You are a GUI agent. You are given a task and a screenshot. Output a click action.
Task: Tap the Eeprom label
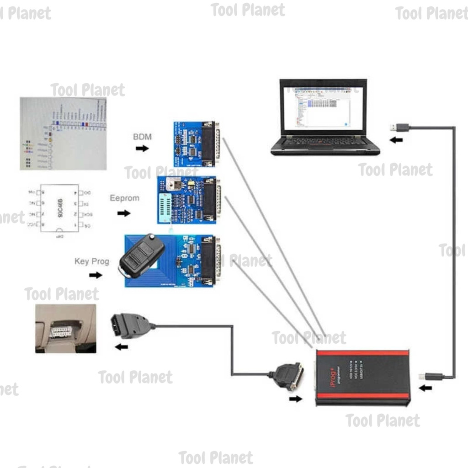124,198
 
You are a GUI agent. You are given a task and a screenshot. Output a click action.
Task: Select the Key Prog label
92,261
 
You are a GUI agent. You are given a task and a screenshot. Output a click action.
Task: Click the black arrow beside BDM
142,148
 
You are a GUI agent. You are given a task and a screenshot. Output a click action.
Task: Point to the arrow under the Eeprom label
123,213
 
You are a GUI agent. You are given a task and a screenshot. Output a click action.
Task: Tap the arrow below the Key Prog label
96,275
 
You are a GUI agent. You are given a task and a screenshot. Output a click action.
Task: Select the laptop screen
323,107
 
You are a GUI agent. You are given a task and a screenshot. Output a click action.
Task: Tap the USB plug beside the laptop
399,128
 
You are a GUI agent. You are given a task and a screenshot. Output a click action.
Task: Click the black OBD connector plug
130,326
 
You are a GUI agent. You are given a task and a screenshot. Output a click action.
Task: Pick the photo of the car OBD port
66,328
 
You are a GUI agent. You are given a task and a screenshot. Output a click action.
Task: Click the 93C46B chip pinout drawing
59,208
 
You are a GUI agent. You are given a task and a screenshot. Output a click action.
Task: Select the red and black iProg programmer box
363,378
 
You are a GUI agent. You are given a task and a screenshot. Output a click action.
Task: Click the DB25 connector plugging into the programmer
289,376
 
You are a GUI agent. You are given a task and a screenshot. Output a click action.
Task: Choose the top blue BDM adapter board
195,144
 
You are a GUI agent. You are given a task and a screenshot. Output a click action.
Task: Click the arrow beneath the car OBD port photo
121,347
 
